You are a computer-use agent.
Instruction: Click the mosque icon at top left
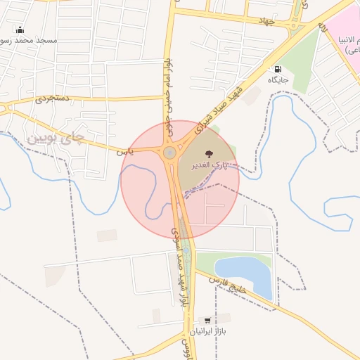pyautogui.click(x=20, y=30)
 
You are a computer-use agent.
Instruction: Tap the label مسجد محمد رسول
pyautogui.click(x=38, y=41)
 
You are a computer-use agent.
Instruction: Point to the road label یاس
pyautogui.click(x=124, y=150)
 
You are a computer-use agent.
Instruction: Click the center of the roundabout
pyautogui.click(x=169, y=153)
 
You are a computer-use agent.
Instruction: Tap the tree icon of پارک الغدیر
pyautogui.click(x=208, y=154)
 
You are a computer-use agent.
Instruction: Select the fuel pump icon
pyautogui.click(x=278, y=69)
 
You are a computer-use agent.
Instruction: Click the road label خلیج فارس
pyautogui.click(x=226, y=285)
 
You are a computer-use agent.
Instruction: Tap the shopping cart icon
pyautogui.click(x=207, y=320)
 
